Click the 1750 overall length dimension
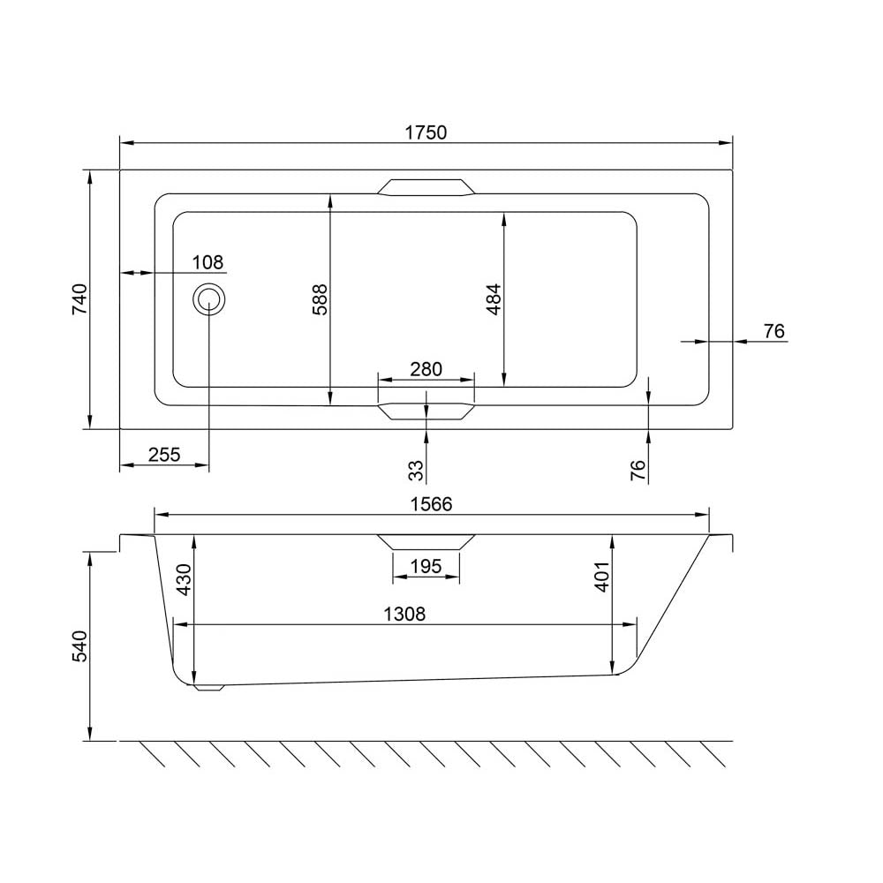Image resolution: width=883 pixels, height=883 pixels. (426, 132)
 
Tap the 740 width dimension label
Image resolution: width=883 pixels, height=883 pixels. (80, 299)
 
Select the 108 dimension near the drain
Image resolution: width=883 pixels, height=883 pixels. (208, 262)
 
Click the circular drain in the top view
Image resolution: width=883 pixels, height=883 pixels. (209, 299)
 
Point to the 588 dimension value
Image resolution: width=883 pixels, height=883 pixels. (320, 299)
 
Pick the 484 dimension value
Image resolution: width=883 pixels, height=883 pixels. (494, 299)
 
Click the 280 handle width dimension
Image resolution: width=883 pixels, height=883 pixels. (426, 369)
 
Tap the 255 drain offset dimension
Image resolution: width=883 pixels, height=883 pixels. (164, 454)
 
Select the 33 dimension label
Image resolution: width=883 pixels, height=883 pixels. (416, 471)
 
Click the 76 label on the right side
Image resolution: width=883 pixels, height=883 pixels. (774, 331)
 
